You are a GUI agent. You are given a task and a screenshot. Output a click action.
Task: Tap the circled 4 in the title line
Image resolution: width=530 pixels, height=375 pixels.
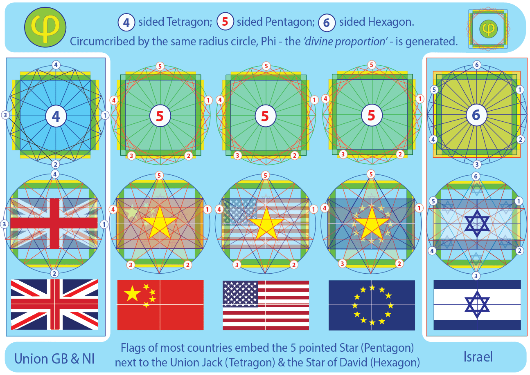click(x=126, y=22)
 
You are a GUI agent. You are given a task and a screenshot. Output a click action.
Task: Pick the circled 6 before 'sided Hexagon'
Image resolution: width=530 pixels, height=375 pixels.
click(x=326, y=22)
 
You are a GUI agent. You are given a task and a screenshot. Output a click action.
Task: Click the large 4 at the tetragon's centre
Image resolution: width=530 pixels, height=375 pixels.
click(x=56, y=116)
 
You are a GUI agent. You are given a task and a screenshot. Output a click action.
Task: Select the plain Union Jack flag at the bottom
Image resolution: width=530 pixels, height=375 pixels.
click(x=54, y=305)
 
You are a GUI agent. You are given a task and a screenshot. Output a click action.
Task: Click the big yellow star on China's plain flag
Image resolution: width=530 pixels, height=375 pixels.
click(x=132, y=294)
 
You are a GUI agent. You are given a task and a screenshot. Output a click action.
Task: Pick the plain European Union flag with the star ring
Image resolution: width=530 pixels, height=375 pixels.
click(x=372, y=305)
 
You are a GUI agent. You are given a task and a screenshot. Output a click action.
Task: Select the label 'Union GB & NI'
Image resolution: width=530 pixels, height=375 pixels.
click(x=54, y=358)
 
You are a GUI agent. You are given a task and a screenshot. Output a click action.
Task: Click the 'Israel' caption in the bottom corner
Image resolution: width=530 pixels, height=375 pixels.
click(x=478, y=357)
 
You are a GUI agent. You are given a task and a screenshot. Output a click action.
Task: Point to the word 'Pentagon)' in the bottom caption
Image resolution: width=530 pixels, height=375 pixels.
click(x=385, y=348)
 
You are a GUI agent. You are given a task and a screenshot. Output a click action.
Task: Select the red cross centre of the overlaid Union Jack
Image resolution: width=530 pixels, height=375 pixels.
click(x=54, y=223)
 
